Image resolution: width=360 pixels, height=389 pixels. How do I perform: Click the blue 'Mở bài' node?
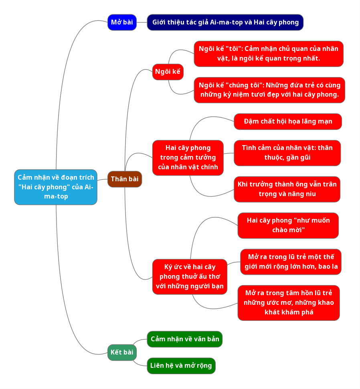click(x=122, y=22)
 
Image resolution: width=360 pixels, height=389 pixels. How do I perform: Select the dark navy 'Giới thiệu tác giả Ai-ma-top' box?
click(x=225, y=22)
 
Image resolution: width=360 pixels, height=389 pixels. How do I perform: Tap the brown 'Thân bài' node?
click(x=124, y=179)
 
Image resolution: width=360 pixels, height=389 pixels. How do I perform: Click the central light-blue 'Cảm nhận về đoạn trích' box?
click(x=56, y=187)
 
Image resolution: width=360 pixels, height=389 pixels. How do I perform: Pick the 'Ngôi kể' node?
click(x=168, y=72)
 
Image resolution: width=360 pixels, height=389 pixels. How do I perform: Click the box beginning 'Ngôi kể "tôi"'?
click(x=268, y=54)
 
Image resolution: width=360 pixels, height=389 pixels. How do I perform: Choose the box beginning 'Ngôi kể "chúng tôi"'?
click(x=269, y=90)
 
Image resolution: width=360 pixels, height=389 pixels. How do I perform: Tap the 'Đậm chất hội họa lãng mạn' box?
click(x=287, y=122)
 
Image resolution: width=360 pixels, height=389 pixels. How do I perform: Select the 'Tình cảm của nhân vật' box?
click(x=287, y=153)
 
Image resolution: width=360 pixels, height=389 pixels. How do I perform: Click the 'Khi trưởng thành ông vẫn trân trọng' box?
click(x=287, y=189)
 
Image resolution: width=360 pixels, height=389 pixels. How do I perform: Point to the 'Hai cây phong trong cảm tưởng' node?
click(x=188, y=158)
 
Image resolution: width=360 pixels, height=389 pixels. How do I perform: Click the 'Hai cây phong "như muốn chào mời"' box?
click(x=288, y=225)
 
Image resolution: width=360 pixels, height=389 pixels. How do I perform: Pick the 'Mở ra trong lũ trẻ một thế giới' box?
click(x=291, y=262)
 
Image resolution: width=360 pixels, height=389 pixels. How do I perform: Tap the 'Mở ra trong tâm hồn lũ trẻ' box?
click(x=288, y=303)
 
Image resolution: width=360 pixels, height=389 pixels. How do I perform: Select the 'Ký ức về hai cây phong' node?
click(x=190, y=277)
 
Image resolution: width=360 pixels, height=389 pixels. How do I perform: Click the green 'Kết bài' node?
click(x=122, y=353)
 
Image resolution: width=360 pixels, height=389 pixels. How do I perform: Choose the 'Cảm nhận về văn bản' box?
click(x=184, y=339)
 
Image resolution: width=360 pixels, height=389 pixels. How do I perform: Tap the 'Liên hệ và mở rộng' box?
click(x=181, y=366)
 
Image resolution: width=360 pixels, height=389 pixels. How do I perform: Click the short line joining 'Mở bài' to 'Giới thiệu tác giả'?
click(x=142, y=22)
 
